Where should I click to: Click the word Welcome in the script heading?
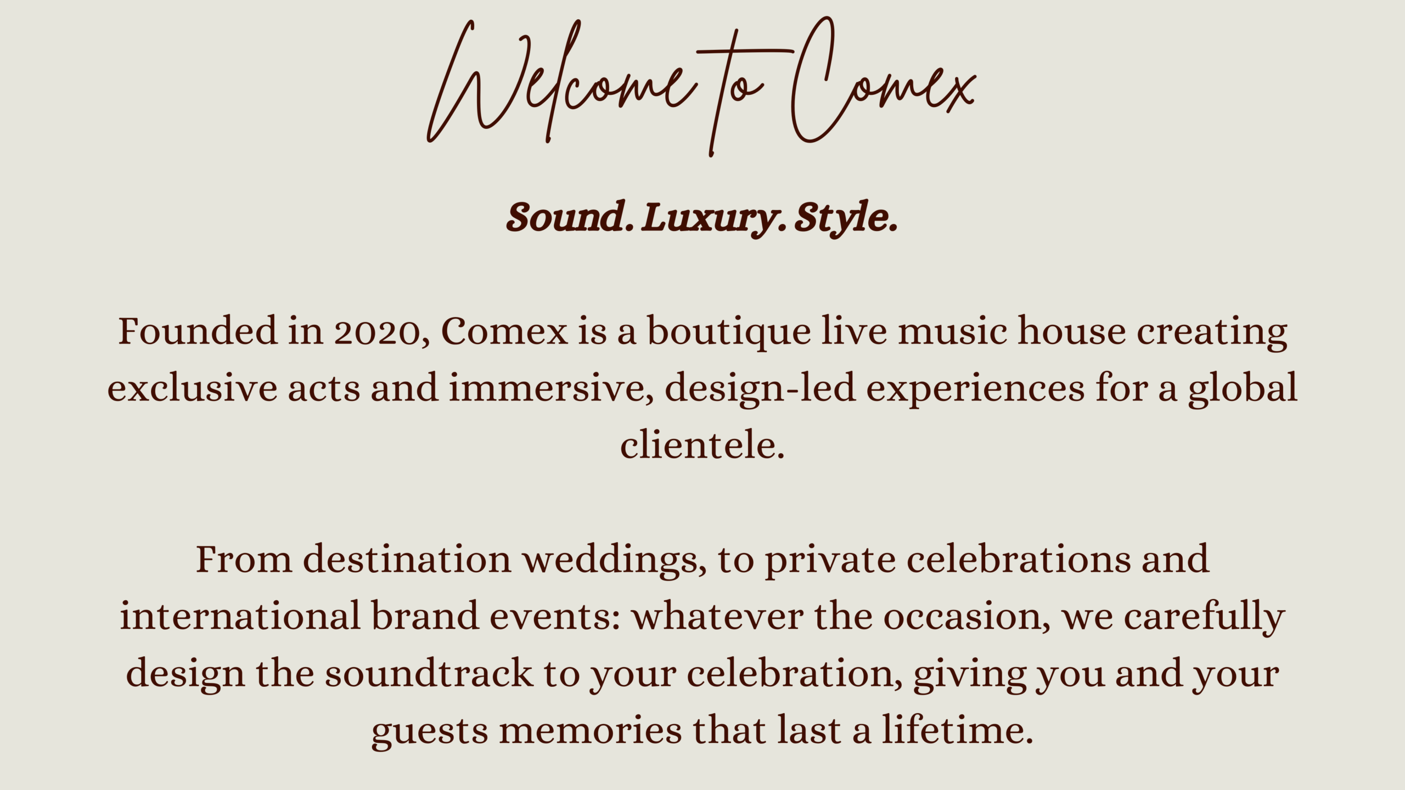click(x=560, y=82)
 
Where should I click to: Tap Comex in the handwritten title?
click(x=883, y=80)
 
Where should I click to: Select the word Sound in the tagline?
click(x=565, y=217)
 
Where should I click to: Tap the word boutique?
click(x=729, y=332)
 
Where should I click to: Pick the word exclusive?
click(x=192, y=388)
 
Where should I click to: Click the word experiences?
click(x=975, y=390)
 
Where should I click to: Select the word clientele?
click(x=702, y=444)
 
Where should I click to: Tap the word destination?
click(x=407, y=560)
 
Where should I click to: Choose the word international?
click(x=240, y=616)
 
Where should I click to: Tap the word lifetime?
click(x=958, y=730)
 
